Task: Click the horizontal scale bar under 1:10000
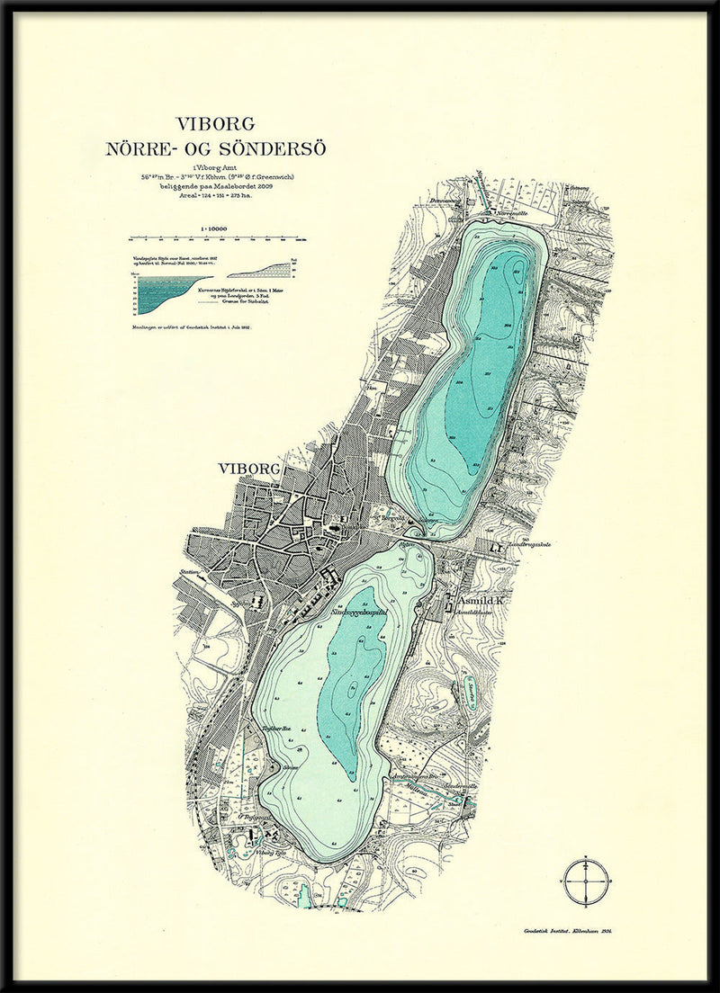[x=217, y=239]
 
